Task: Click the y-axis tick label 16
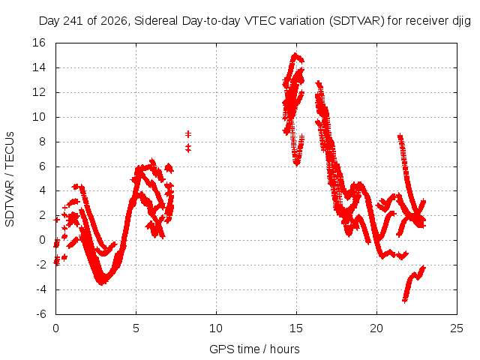pyautogui.click(x=39, y=43)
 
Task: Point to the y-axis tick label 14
pyautogui.click(x=39, y=67)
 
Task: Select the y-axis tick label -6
pyautogui.click(x=41, y=314)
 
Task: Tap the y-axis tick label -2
pyautogui.click(x=41, y=265)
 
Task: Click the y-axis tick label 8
pyautogui.click(x=42, y=142)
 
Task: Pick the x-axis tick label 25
pyautogui.click(x=457, y=328)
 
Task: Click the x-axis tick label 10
pyautogui.click(x=216, y=328)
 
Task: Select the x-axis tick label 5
pyautogui.click(x=136, y=328)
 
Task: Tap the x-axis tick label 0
pyautogui.click(x=55, y=328)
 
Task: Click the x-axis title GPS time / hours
pyautogui.click(x=254, y=349)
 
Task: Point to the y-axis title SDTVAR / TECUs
pyautogui.click(x=10, y=179)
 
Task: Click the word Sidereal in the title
pyautogui.click(x=156, y=21)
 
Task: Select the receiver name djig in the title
pyautogui.click(x=461, y=22)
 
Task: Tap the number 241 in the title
pyautogui.click(x=74, y=21)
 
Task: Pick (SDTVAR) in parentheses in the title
pyautogui.click(x=356, y=21)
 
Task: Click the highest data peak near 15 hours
pyautogui.click(x=295, y=55)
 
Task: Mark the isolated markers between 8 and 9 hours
pyautogui.click(x=188, y=142)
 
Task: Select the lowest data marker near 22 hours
pyautogui.click(x=405, y=301)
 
